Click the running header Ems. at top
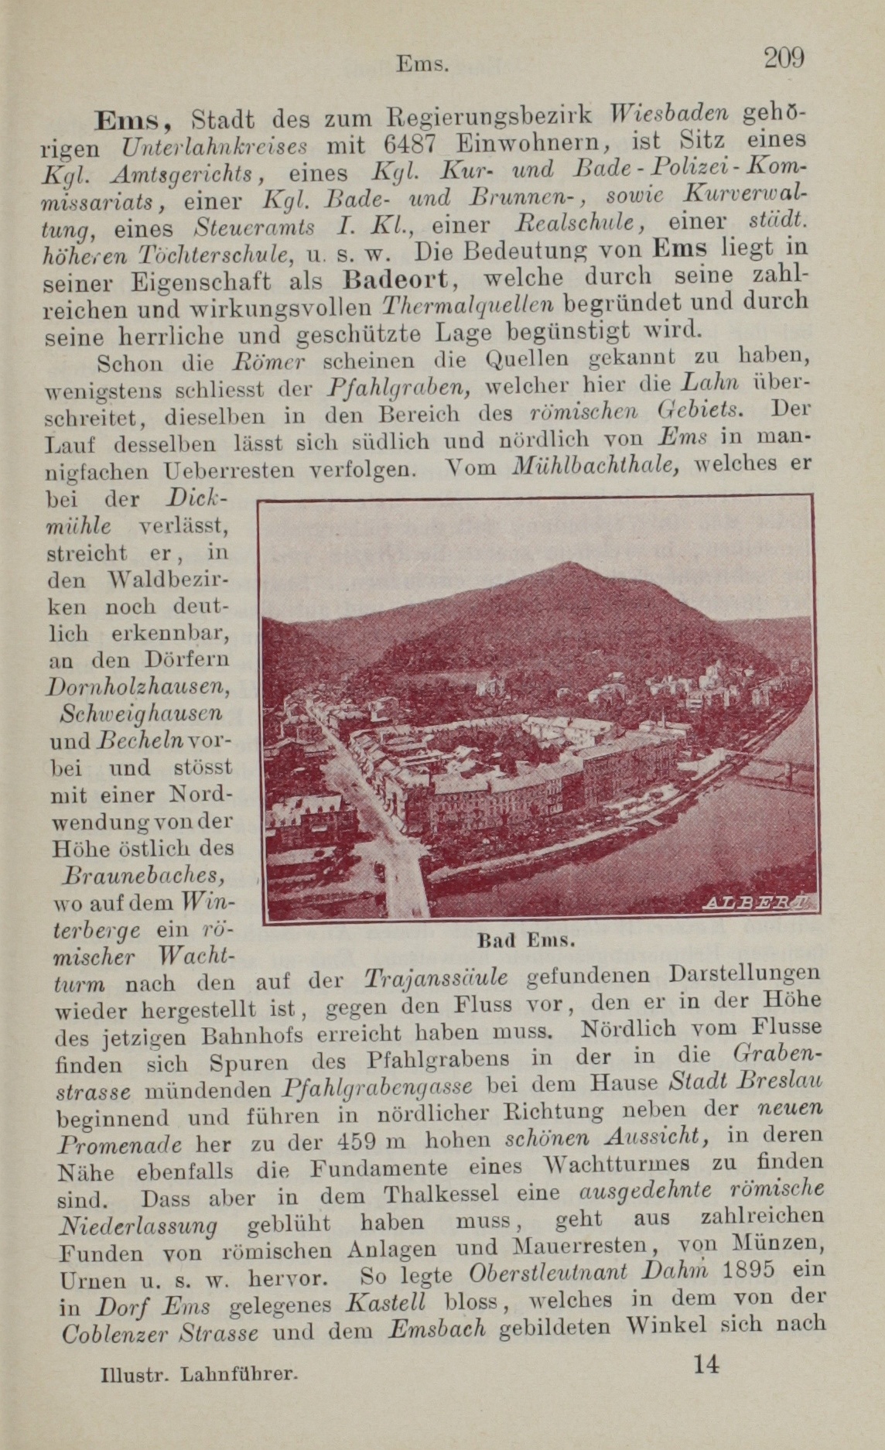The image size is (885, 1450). [x=422, y=63]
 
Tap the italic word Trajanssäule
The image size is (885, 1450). [x=436, y=978]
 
